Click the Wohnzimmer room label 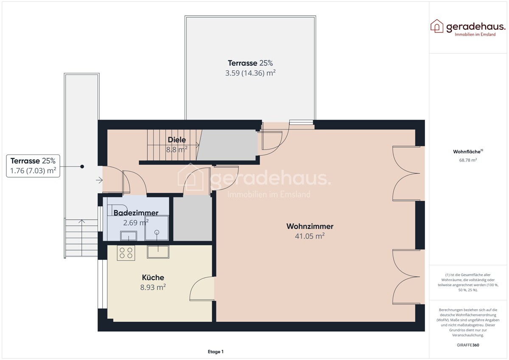310,226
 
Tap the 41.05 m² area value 310,236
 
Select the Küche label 153,278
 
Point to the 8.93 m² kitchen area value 153,287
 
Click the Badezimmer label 136,213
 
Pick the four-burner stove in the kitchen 126,253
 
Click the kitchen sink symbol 158,252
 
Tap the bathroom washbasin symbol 129,236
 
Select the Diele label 177,140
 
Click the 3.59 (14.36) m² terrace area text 250,73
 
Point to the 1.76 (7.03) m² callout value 33,171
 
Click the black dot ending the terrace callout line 82,167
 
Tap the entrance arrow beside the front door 99,180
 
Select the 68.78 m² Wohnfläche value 468,160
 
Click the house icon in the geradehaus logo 437,26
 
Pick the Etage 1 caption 215,352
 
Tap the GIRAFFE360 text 468,345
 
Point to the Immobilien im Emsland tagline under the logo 475,34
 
